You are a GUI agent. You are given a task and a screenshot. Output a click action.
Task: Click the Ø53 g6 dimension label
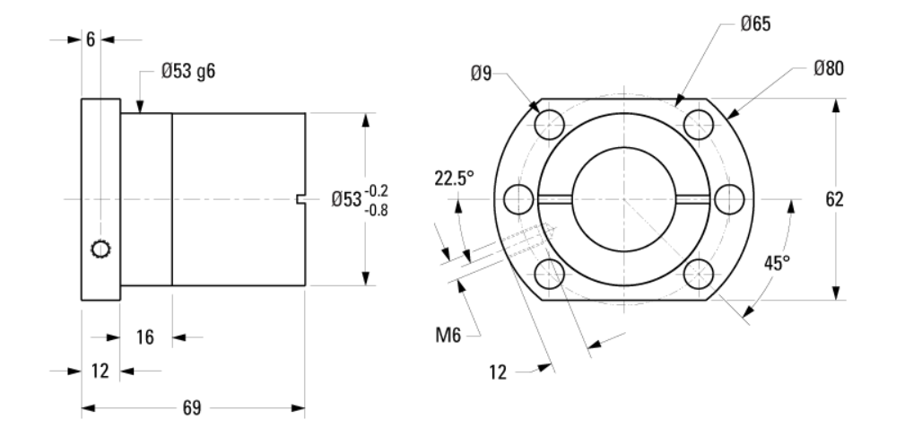point(187,72)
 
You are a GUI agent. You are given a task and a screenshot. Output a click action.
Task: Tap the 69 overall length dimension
point(192,408)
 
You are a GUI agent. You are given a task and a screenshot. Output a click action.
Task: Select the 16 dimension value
point(145,337)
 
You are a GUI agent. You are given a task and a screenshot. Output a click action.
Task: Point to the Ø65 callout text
point(756,24)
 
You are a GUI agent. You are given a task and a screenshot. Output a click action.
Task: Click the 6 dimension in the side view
point(90,39)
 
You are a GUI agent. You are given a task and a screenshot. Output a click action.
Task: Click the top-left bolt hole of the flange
point(549,123)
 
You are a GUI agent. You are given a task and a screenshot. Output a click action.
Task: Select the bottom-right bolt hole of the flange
point(698,272)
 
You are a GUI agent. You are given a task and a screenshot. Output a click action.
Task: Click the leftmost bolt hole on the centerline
point(518,197)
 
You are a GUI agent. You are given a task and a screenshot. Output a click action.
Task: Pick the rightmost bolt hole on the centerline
point(727,197)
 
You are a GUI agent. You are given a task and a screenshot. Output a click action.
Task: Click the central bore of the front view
point(623,197)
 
